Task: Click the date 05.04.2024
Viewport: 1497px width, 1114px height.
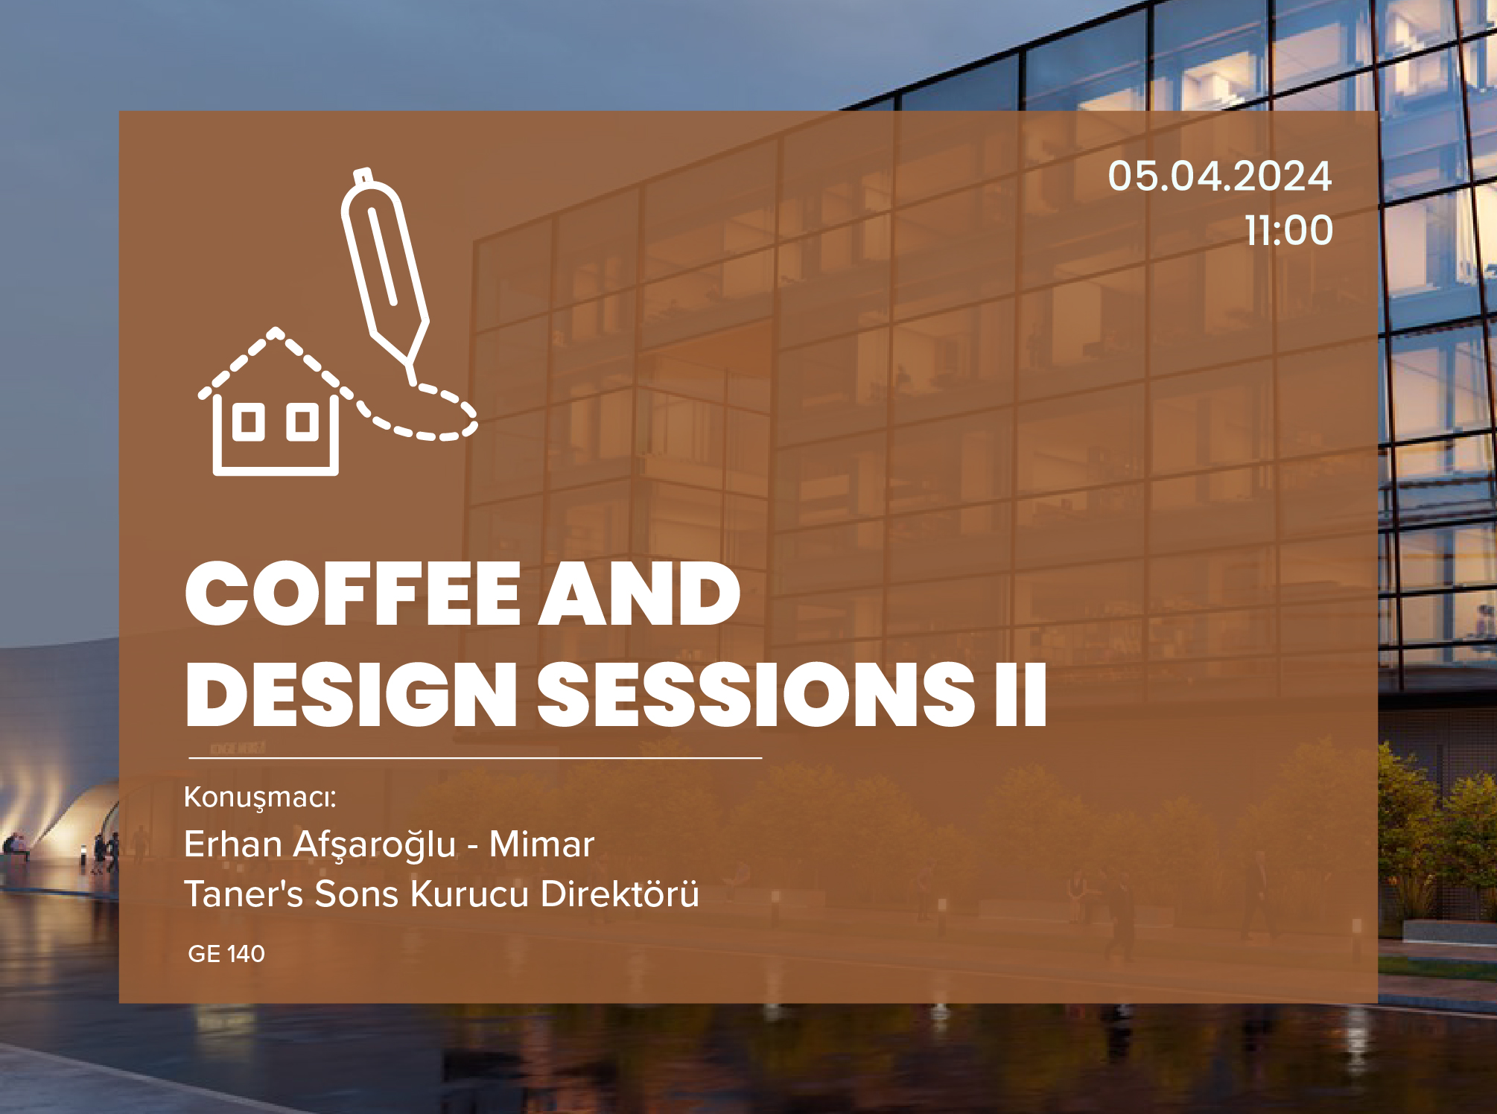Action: click(x=1219, y=176)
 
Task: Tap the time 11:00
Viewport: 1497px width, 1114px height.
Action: click(x=1289, y=230)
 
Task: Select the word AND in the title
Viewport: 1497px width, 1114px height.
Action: click(x=640, y=594)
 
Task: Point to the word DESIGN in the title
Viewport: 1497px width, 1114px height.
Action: click(x=351, y=695)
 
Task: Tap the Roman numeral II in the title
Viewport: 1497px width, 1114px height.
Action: click(x=1021, y=695)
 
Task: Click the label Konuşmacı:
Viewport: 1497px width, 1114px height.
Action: click(x=260, y=798)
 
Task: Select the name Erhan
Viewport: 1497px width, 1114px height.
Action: click(x=233, y=844)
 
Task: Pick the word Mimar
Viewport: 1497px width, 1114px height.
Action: click(x=541, y=844)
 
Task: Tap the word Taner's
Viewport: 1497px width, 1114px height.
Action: click(x=244, y=894)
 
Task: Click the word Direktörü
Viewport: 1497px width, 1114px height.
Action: click(x=620, y=894)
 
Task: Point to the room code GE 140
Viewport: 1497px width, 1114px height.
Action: click(x=226, y=954)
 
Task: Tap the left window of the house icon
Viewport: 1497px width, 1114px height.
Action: click(x=249, y=422)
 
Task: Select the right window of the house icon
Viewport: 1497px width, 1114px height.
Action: click(x=302, y=422)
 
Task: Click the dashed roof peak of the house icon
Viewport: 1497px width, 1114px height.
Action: click(x=276, y=332)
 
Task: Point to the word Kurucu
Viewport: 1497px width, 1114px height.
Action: click(x=469, y=894)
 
